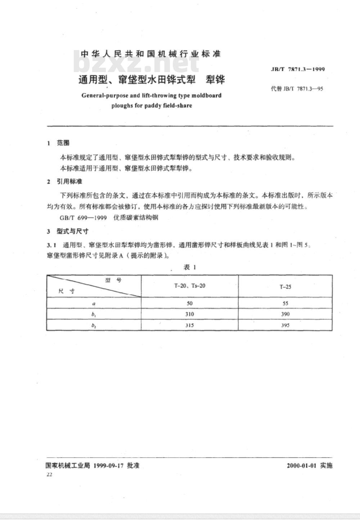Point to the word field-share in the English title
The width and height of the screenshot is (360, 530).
[177, 106]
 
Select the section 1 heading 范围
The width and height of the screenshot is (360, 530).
[63, 143]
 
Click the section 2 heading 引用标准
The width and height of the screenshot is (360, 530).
[69, 181]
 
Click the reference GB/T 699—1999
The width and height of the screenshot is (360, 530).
[83, 218]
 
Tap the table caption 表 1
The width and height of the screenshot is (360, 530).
[190, 267]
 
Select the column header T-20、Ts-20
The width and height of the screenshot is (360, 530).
[190, 286]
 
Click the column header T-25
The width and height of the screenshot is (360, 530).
[285, 287]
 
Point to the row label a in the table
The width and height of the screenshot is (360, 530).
[94, 303]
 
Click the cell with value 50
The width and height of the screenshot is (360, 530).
[190, 303]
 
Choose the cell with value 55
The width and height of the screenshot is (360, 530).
[285, 303]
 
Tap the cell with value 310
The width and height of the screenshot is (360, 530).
[190, 314]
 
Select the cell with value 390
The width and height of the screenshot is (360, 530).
[285, 314]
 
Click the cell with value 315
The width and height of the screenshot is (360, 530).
[190, 325]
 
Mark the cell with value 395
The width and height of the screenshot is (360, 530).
[285, 325]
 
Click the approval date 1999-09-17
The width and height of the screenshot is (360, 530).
[108, 466]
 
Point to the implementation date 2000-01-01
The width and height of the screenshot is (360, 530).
[301, 466]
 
